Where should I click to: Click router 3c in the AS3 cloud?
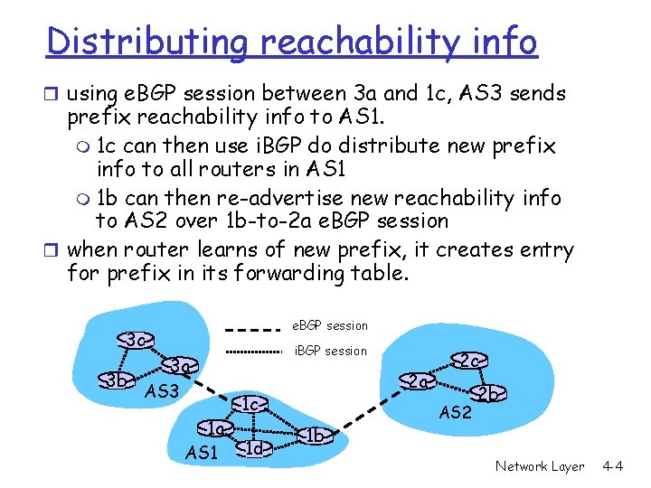(136, 341)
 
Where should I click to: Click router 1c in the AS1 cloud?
(252, 403)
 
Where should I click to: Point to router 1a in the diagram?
(216, 427)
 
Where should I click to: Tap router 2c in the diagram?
(469, 360)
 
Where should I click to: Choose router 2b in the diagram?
(489, 394)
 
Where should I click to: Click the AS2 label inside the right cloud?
(455, 412)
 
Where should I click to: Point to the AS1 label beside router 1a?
(202, 451)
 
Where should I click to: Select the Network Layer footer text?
(540, 466)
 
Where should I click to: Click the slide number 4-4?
(613, 466)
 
